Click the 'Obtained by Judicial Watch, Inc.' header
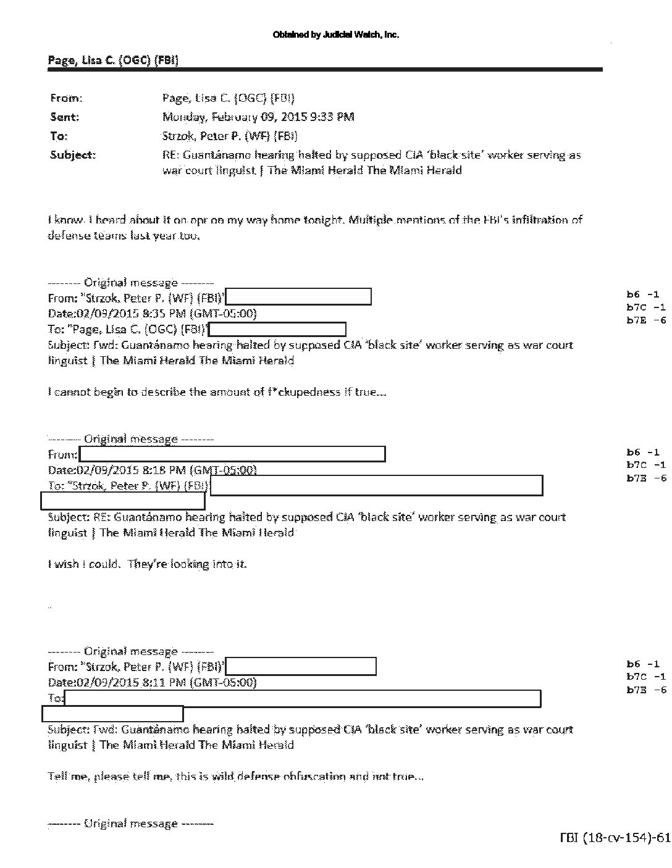click(x=335, y=35)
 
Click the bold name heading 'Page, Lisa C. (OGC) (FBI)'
click(x=113, y=59)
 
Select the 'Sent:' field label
click(x=64, y=117)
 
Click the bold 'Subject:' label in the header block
click(x=72, y=155)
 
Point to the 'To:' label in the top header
click(x=59, y=136)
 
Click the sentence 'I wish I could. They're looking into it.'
click(x=147, y=564)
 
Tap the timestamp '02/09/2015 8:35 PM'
click(x=130, y=314)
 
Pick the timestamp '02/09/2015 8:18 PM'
click(x=130, y=470)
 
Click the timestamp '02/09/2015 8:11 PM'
click(x=130, y=682)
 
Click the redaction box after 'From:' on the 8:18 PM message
click(x=232, y=454)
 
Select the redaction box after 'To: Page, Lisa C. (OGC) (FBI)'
click(x=277, y=330)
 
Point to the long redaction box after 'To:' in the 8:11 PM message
click(x=303, y=698)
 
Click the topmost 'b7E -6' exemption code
click(x=647, y=320)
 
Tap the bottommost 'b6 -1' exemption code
click(x=643, y=664)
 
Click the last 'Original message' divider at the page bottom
click(x=131, y=824)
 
